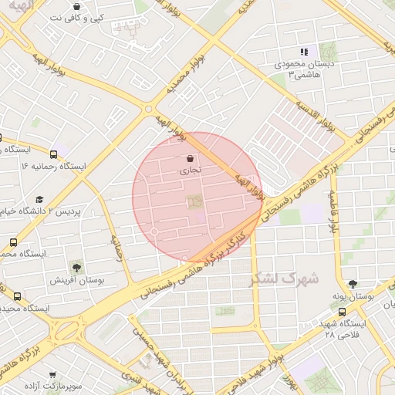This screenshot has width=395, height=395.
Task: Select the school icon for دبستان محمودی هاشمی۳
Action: [304, 52]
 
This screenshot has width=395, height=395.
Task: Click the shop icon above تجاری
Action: [191, 157]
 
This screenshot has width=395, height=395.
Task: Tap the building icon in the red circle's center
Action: [193, 202]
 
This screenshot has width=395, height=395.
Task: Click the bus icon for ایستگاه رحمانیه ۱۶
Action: [53, 154]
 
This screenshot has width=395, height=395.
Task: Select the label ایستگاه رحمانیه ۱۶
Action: [54, 166]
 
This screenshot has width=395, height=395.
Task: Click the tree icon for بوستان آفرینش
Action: [76, 266]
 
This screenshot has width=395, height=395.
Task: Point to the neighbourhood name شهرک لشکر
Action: [284, 279]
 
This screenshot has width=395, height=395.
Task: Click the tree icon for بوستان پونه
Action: [353, 284]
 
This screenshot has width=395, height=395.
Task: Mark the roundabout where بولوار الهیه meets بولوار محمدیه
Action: [148, 110]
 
